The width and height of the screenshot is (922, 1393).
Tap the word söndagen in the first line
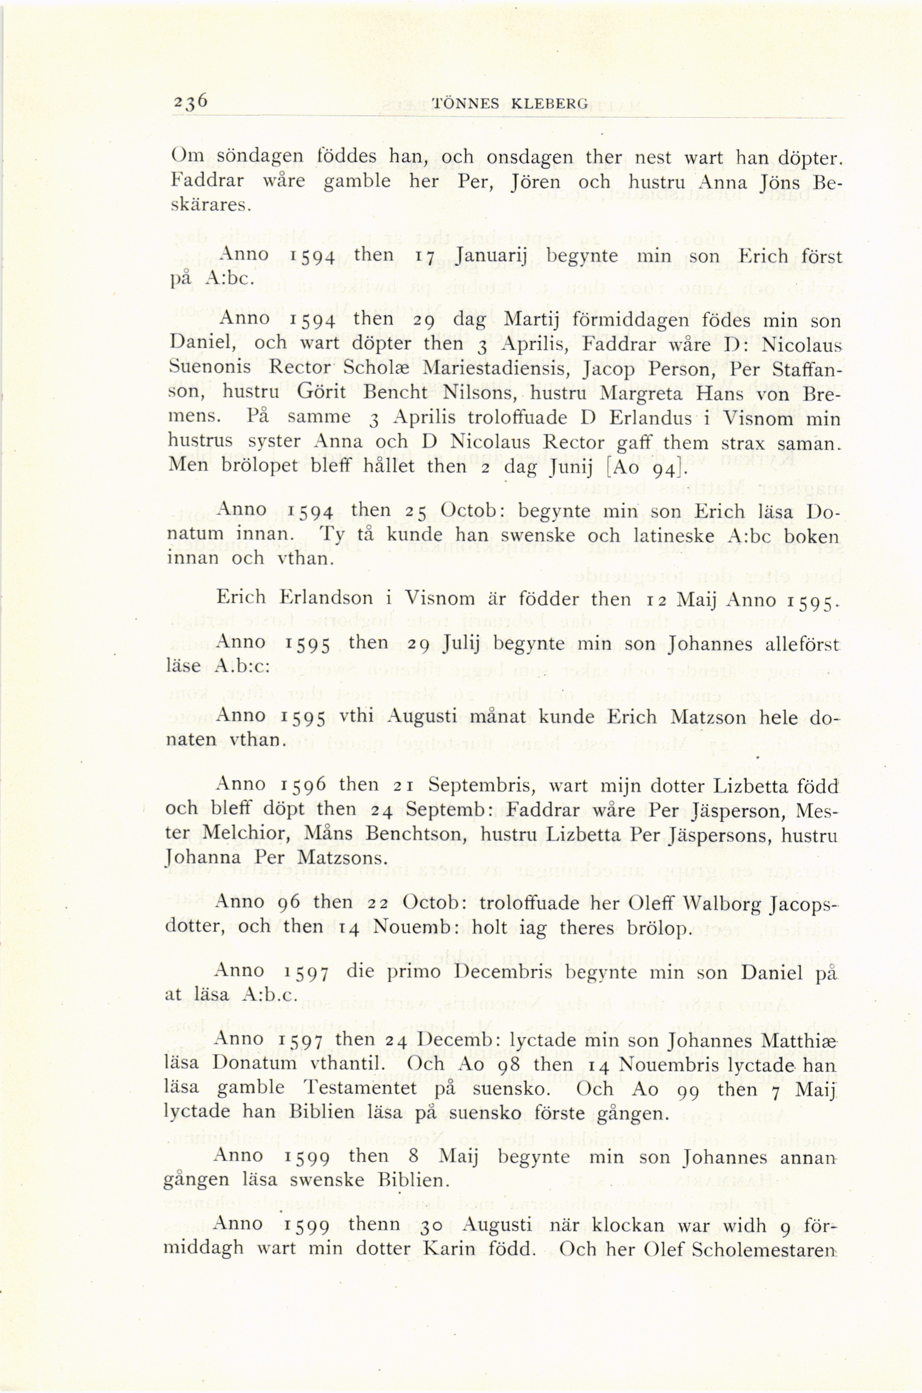point(264,157)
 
